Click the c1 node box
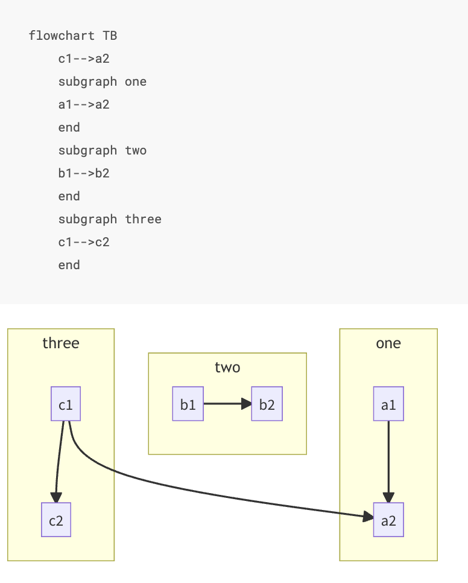point(66,404)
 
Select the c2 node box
point(56,520)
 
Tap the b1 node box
point(188,404)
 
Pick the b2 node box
point(267,404)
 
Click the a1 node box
point(388,404)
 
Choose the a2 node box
point(388,520)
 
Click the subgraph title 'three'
point(61,343)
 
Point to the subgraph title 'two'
point(227,368)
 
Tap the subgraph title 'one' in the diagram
point(388,343)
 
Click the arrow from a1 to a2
point(388,459)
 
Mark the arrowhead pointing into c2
point(56,498)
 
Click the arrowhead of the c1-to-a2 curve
point(368,517)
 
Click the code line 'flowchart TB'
point(72,36)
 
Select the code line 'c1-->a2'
point(84,59)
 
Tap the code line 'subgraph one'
point(102,81)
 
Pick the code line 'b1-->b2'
point(84,173)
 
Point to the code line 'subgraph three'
point(110,219)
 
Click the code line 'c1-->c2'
point(84,242)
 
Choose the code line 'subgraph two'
point(102,150)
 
